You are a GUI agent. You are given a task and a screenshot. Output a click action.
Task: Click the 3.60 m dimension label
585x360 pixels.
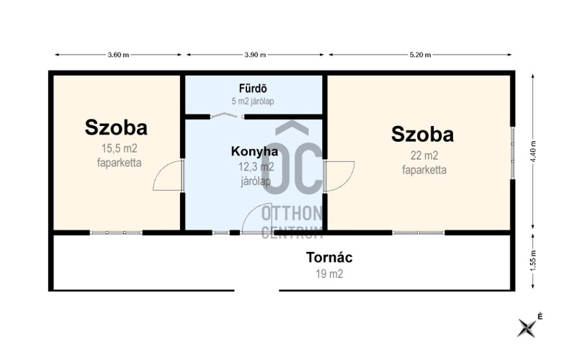[118, 55]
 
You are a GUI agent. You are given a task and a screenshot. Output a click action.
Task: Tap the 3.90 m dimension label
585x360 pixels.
[255, 55]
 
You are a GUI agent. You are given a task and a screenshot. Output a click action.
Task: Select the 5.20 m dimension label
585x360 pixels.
[420, 55]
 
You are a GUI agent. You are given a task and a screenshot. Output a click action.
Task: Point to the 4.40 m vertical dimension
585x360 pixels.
[533, 151]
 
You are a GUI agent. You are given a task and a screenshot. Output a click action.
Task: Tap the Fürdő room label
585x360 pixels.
[253, 89]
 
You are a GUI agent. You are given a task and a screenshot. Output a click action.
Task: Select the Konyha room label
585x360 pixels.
[254, 151]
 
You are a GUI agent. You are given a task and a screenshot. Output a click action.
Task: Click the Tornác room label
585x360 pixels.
[329, 258]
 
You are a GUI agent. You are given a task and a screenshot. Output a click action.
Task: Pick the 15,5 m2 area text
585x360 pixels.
[120, 148]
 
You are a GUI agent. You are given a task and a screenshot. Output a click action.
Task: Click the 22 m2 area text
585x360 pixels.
[424, 156]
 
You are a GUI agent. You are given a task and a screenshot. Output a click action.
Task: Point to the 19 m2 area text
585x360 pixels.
[329, 274]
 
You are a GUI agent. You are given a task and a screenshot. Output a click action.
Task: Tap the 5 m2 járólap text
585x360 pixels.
[253, 101]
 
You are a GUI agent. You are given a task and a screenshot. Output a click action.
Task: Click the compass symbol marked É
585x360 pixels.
[527, 328]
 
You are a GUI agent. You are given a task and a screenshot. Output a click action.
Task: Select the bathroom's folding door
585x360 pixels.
[226, 115]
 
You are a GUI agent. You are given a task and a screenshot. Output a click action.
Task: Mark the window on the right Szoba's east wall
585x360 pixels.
[513, 153]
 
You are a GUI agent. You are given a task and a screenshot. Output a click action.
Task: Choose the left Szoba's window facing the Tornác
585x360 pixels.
[116, 233]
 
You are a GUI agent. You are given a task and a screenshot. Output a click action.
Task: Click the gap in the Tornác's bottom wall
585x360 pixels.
[256, 290]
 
